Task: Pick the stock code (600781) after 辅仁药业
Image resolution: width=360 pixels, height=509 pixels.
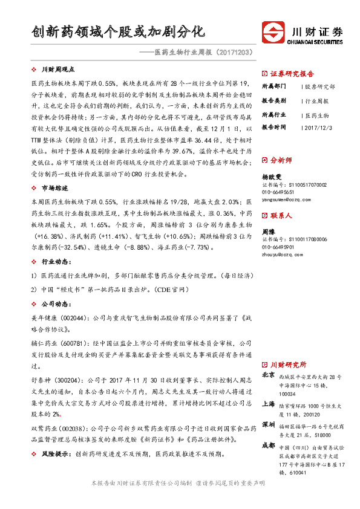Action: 71,343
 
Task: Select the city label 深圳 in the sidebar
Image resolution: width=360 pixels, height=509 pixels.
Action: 267,425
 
